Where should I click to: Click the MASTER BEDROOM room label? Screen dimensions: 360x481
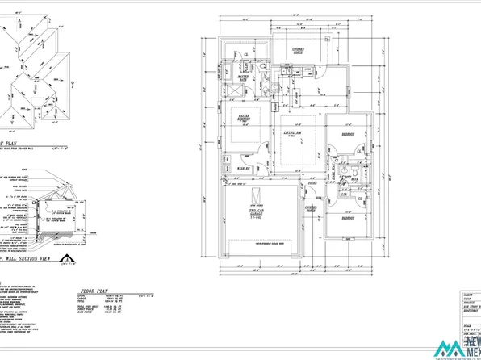pyautogui.click(x=242, y=119)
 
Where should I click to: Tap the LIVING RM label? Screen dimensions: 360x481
pyautogui.click(x=291, y=133)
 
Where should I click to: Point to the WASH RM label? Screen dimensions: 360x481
pyautogui.click(x=241, y=168)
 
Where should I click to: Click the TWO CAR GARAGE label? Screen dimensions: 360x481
pyautogui.click(x=257, y=215)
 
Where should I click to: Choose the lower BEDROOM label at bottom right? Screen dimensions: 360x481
pyautogui.click(x=349, y=220)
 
